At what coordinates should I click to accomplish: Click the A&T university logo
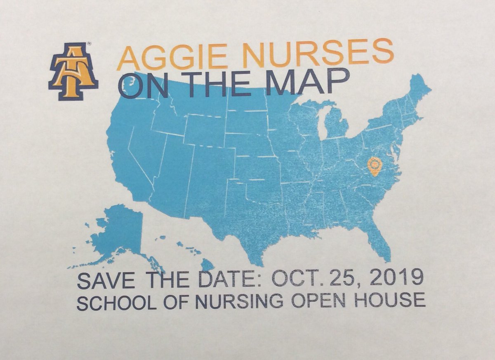(x=73, y=71)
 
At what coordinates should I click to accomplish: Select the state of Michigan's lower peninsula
(x=336, y=124)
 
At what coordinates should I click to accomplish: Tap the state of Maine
(x=419, y=89)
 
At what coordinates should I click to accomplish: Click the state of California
(x=126, y=161)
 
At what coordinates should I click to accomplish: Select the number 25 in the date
(x=353, y=280)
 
